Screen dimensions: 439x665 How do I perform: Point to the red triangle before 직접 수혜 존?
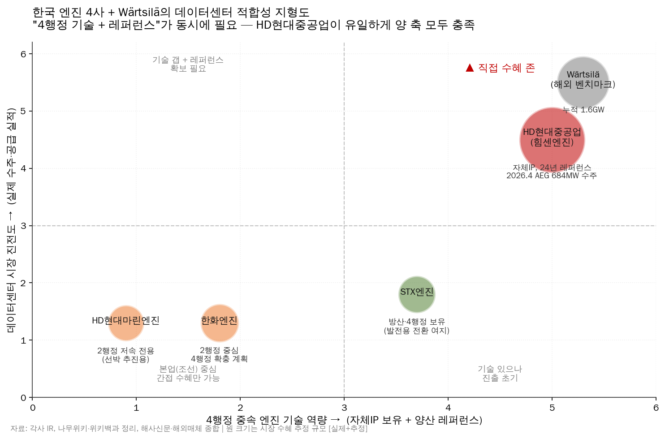[470, 68]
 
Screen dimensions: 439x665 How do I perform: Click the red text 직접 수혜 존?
[506, 68]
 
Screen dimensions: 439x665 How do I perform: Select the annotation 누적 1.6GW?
[583, 110]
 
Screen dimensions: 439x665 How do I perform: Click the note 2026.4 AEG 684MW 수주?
[551, 176]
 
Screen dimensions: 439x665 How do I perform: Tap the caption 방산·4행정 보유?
[416, 322]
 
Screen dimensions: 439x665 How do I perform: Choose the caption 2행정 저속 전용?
[125, 351]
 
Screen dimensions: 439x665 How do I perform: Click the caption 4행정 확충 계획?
[219, 359]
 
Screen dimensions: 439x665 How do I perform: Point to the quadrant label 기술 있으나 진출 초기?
[500, 373]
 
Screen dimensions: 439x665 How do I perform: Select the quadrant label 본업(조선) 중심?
[188, 369]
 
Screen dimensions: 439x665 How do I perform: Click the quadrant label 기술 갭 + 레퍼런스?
[188, 60]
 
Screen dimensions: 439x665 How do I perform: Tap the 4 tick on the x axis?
[448, 407]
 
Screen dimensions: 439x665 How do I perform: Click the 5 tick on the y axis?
[23, 111]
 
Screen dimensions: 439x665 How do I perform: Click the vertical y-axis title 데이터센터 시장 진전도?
[11, 219]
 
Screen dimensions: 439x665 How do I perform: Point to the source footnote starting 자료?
[189, 429]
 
